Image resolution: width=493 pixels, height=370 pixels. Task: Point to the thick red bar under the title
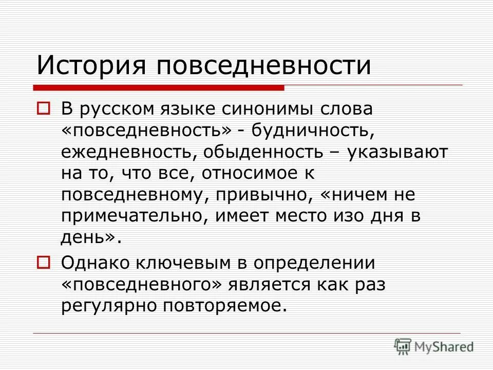pyautogui.click(x=159, y=88)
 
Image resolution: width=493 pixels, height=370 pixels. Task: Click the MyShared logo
pyautogui.click(x=434, y=346)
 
